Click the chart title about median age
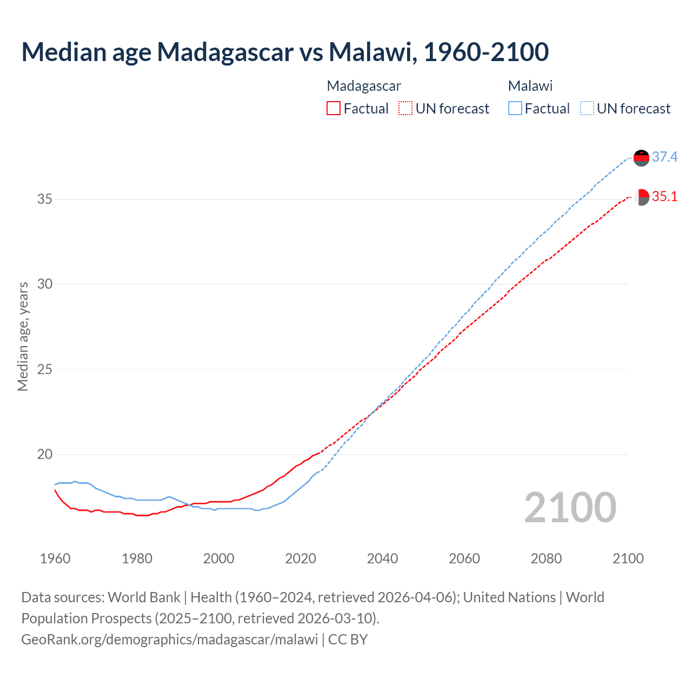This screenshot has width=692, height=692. click(x=285, y=52)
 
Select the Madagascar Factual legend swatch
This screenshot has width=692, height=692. click(x=334, y=109)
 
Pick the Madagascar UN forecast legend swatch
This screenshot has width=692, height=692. click(x=405, y=109)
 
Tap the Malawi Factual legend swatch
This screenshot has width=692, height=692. click(x=515, y=109)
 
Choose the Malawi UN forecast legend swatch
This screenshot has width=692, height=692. click(x=587, y=109)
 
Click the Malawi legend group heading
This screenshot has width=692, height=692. click(x=530, y=86)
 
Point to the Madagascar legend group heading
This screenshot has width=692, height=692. click(x=364, y=86)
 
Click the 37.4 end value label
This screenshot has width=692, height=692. click(x=664, y=157)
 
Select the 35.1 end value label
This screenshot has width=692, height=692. click(x=664, y=197)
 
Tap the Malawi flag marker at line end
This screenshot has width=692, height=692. click(x=641, y=158)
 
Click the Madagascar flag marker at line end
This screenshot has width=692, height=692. click(x=641, y=197)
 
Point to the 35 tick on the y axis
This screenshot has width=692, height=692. click(x=45, y=199)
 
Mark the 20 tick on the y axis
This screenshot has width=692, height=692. click(x=45, y=455)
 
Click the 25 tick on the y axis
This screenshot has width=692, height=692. click(x=45, y=370)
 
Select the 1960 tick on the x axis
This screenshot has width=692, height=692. click(x=55, y=558)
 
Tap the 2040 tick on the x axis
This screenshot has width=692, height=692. click(x=382, y=558)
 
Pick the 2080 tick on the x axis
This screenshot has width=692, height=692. click(x=546, y=558)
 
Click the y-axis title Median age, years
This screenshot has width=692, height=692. click(x=23, y=336)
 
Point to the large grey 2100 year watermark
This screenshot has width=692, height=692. click(x=570, y=508)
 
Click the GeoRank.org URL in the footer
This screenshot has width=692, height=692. click(x=169, y=640)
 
